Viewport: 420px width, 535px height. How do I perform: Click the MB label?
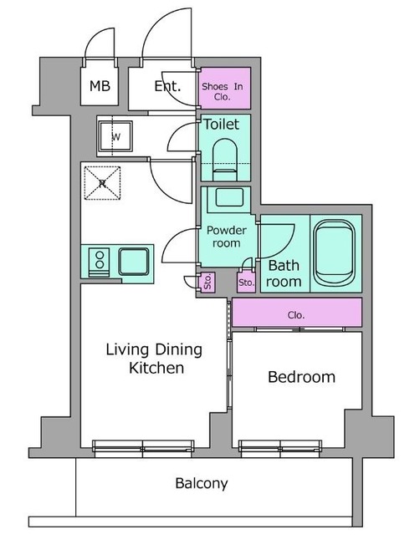[x=100, y=86]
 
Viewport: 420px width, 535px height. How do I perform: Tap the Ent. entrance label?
[x=167, y=86]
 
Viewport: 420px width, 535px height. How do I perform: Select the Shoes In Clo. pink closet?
[x=225, y=88]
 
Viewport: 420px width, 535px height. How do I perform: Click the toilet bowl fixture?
[x=225, y=160]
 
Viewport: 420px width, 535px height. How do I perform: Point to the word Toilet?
[x=221, y=124]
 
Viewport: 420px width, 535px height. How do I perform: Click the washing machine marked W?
[x=115, y=136]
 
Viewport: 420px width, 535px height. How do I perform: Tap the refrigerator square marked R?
[x=102, y=183]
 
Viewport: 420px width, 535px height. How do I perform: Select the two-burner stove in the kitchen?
[x=100, y=262]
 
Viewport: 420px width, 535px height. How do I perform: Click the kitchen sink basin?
[x=134, y=262]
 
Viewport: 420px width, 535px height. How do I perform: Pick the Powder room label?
[x=226, y=237]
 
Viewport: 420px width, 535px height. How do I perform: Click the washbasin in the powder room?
[x=229, y=197]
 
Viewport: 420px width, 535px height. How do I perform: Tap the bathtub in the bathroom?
[x=335, y=253]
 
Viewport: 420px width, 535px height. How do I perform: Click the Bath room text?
[x=284, y=273]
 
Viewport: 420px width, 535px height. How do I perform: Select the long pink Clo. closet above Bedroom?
[x=297, y=313]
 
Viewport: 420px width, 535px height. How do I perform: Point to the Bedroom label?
[x=301, y=377]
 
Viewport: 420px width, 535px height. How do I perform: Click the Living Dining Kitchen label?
[x=154, y=359]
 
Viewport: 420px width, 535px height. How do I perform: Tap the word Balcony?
[x=202, y=483]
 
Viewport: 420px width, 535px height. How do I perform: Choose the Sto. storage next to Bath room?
[x=246, y=283]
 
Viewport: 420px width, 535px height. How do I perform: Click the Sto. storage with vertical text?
[x=207, y=283]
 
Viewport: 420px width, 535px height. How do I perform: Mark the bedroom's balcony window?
[x=280, y=448]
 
